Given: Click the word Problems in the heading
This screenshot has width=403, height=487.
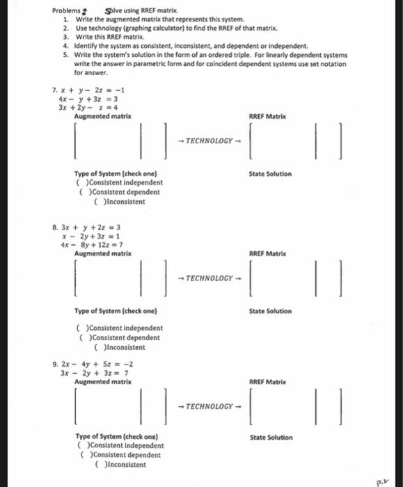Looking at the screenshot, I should pos(66,12).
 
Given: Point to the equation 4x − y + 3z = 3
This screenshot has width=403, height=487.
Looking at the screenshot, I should pos(88,99).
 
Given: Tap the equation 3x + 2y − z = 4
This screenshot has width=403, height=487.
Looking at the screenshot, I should pos(88,108).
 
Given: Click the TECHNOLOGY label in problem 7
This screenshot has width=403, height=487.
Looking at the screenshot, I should pos(205,141).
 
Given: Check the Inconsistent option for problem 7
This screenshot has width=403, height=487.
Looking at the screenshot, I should pos(95,202).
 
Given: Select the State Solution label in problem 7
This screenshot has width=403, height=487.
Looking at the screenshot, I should pos(270,174).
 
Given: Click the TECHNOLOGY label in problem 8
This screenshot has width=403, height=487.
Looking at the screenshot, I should pos(205,278).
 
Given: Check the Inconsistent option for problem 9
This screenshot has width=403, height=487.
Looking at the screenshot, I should pos(97,465).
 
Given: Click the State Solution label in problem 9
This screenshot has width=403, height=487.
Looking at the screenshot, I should pos(271,438).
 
